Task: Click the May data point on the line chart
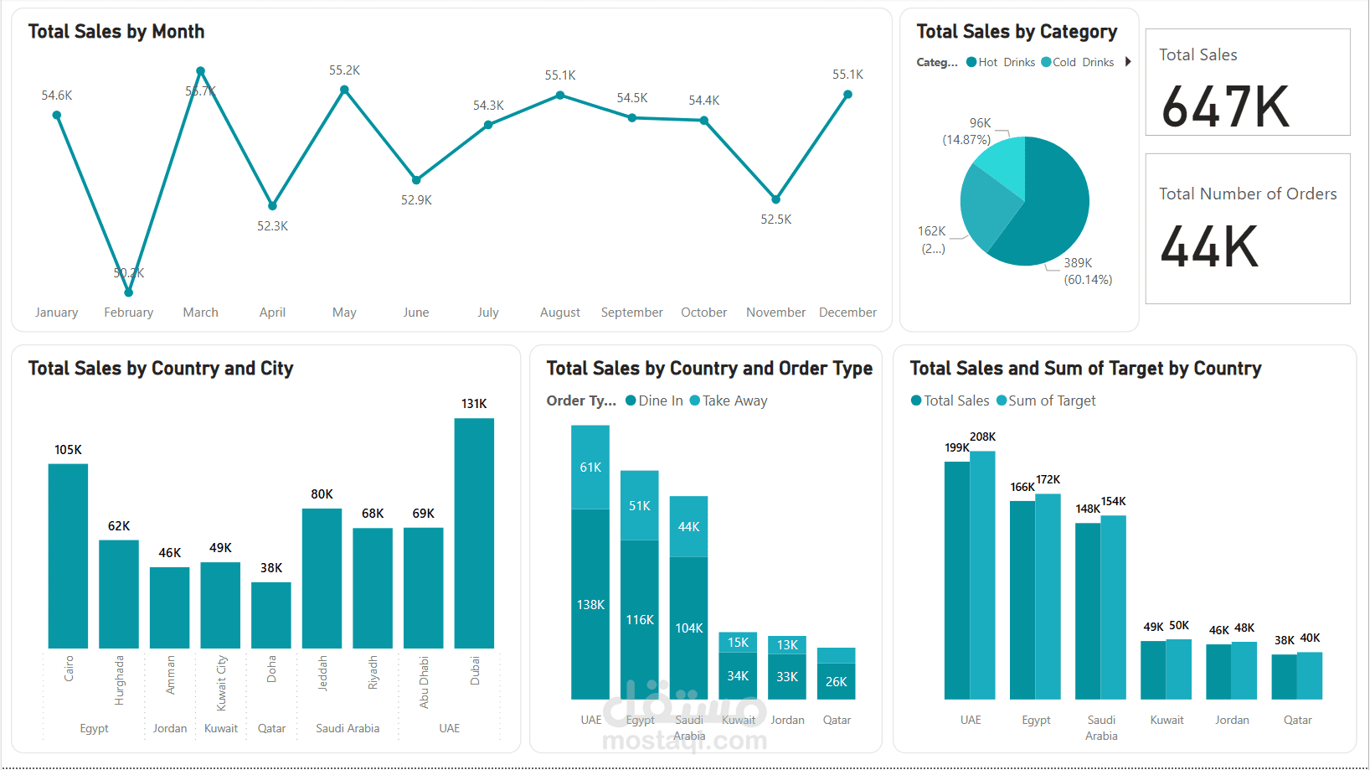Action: point(344,90)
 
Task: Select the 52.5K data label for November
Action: point(775,220)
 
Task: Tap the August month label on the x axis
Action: point(559,313)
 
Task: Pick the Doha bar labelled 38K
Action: point(271,615)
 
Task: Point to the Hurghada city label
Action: point(119,680)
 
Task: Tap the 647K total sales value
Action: point(1225,107)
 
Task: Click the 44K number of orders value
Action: point(1209,247)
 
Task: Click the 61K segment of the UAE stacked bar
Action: point(590,468)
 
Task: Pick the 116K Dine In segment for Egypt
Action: point(640,619)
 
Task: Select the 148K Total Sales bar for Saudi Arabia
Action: point(1088,611)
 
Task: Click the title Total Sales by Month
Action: point(116,32)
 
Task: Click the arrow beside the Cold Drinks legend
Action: point(1128,62)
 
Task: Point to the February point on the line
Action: point(128,292)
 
